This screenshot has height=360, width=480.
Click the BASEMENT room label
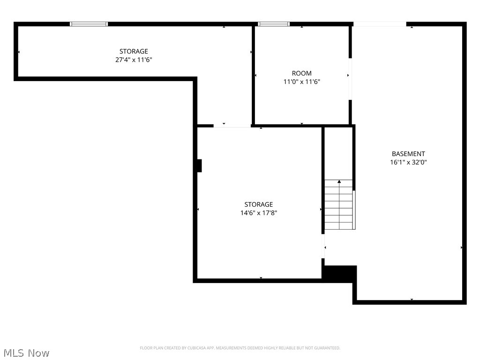[x=408, y=154]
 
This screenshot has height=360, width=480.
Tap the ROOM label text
[x=301, y=73]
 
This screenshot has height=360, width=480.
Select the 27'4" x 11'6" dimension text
[x=134, y=60]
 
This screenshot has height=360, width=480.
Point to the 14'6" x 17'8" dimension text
[x=259, y=213]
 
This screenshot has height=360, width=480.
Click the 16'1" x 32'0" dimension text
[x=408, y=162]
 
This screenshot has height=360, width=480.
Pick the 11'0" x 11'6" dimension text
[x=301, y=82]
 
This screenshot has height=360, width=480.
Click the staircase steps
[x=338, y=204]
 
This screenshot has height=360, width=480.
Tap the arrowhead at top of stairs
[x=339, y=181]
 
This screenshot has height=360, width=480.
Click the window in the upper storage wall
[x=89, y=24]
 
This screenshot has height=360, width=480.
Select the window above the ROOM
[x=274, y=24]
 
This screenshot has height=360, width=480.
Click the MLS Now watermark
[x=26, y=353]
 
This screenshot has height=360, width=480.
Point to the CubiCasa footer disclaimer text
[x=240, y=348]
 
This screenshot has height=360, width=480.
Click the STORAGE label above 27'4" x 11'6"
[x=134, y=51]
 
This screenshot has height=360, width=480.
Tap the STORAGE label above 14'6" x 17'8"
[x=259, y=204]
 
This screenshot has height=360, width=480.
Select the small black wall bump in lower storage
[x=199, y=165]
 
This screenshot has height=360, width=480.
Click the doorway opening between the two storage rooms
[x=232, y=126]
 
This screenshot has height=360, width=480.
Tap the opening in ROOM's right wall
[x=350, y=79]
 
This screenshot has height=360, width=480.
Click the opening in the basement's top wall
[x=380, y=24]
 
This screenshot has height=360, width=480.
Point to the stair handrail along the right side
[x=354, y=210]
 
